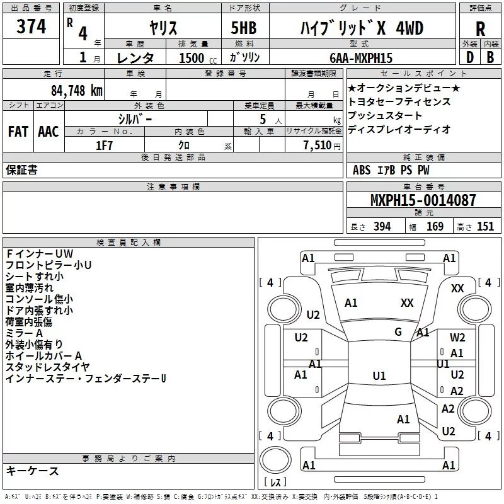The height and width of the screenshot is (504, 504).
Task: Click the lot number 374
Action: (31, 27)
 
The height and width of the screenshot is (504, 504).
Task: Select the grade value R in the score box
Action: (480, 29)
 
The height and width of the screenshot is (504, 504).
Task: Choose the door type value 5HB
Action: (243, 28)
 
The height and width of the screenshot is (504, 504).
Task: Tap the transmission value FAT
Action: (18, 132)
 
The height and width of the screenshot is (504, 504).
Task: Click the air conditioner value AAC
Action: (48, 132)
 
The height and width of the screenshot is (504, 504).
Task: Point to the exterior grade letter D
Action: (469, 57)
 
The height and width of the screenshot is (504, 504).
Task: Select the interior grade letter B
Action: (490, 57)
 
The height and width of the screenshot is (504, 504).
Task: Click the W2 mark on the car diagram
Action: (457, 338)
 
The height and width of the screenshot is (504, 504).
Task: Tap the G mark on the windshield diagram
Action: (398, 332)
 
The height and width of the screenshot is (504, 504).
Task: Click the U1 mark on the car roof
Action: (379, 376)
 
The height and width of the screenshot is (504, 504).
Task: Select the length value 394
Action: (381, 227)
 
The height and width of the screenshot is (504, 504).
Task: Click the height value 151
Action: (486, 227)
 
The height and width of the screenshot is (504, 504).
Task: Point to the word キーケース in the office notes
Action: (33, 471)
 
